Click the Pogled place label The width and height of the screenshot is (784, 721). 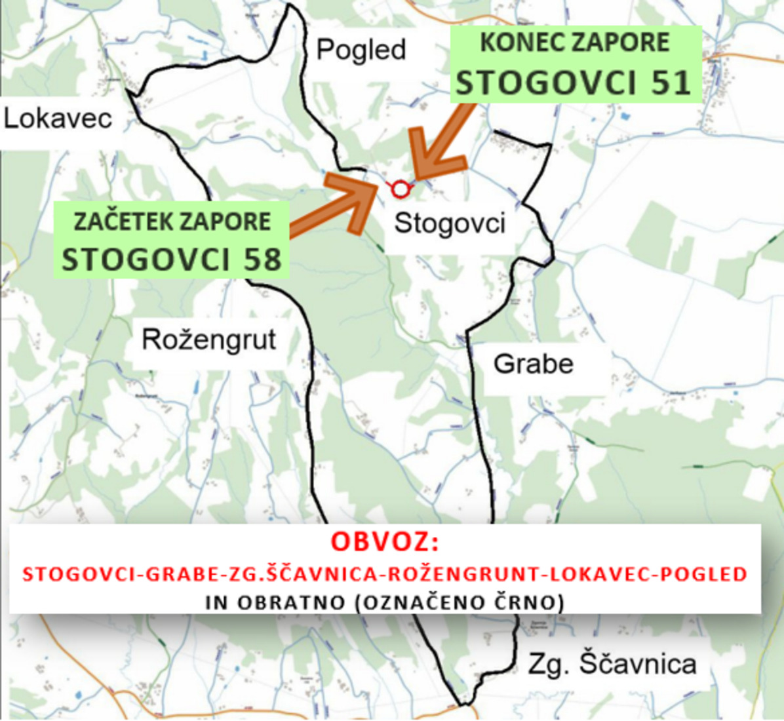pyautogui.click(x=361, y=50)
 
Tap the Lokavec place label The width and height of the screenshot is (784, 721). pyautogui.click(x=58, y=119)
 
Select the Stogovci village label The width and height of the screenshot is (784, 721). pyautogui.click(x=450, y=224)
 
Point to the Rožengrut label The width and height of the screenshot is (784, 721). pyautogui.click(x=208, y=340)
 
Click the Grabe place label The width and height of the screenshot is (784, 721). pyautogui.click(x=533, y=364)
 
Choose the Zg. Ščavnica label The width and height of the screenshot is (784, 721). pyautogui.click(x=612, y=664)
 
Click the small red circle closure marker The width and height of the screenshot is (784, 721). pyautogui.click(x=400, y=189)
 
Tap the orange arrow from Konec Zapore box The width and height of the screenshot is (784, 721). pyautogui.click(x=441, y=143)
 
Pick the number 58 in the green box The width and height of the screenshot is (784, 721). pyautogui.click(x=262, y=260)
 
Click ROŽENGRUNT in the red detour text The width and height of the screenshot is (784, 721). pyautogui.click(x=465, y=574)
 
